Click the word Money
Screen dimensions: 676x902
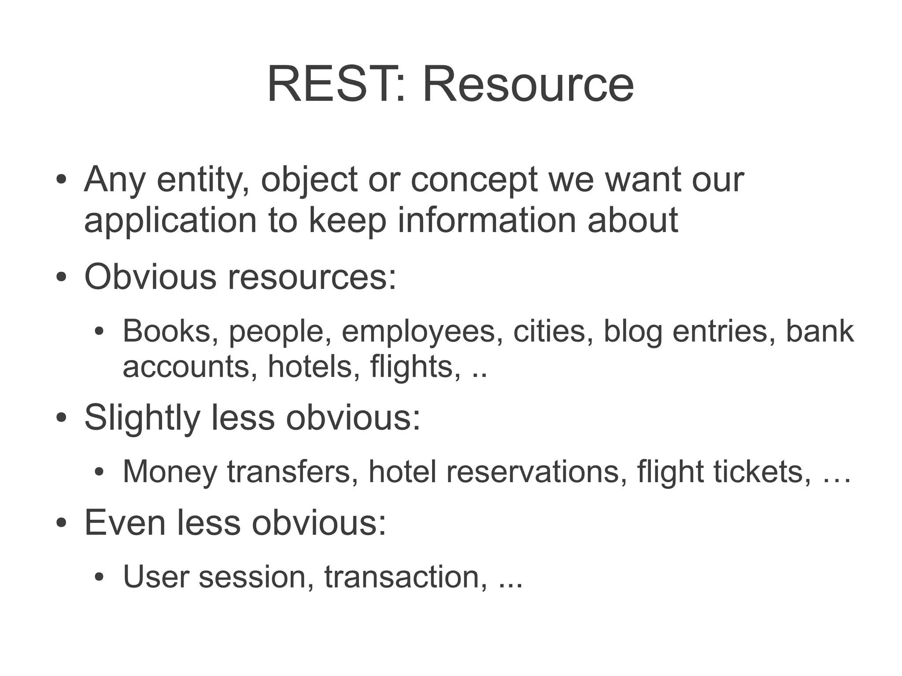170,472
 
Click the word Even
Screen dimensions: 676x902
125,523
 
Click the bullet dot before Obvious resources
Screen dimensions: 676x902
61,278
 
